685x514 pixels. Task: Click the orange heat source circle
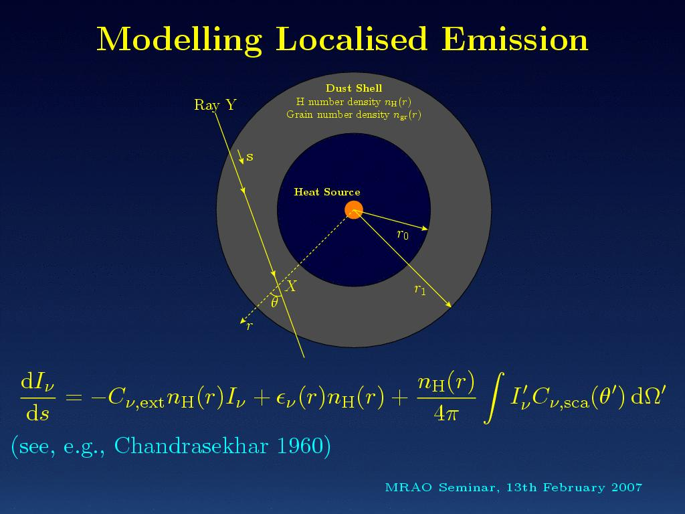[x=354, y=209]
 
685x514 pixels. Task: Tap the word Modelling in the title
[x=179, y=40]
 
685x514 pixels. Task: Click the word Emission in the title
[x=514, y=39]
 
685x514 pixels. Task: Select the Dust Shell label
[x=354, y=88]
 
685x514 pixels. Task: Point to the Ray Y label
[x=215, y=105]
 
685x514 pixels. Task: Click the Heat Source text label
[x=326, y=192]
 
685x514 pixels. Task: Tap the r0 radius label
[x=402, y=235]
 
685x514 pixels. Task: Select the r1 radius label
[x=420, y=289]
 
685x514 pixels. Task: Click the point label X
[x=290, y=286]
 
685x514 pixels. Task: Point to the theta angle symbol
[x=274, y=302]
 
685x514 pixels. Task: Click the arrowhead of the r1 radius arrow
[x=449, y=305]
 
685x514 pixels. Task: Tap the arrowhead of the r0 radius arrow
[x=425, y=228]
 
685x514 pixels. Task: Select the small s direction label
[x=250, y=157]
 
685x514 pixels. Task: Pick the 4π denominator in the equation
[x=446, y=412]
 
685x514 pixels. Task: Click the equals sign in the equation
[x=74, y=397]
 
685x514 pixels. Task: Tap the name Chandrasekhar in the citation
[x=191, y=446]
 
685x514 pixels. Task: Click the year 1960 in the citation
[x=300, y=446]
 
